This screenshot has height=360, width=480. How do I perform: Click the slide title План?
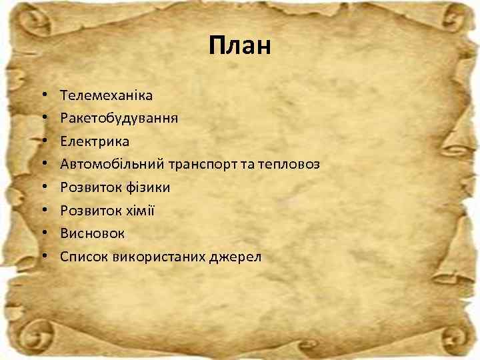pos(239,46)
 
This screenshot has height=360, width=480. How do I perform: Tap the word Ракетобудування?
pos(119,119)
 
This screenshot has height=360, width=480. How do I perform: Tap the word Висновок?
pos(92,233)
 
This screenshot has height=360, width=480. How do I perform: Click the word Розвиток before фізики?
pos(88,187)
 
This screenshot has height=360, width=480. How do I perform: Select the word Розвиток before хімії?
pos(88,210)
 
